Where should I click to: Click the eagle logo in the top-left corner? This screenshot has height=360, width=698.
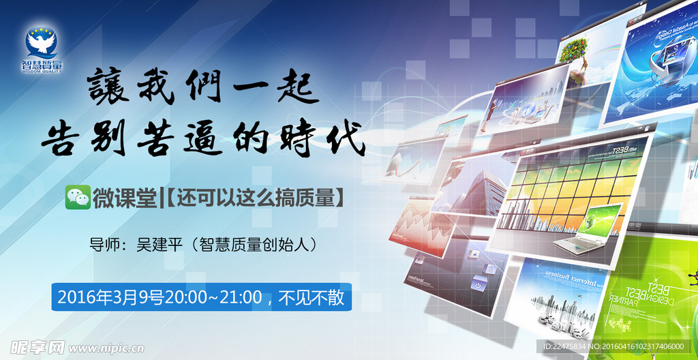(x=42, y=44)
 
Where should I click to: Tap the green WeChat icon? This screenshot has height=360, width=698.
(x=77, y=197)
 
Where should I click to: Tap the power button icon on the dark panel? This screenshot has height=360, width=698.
(x=479, y=285)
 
